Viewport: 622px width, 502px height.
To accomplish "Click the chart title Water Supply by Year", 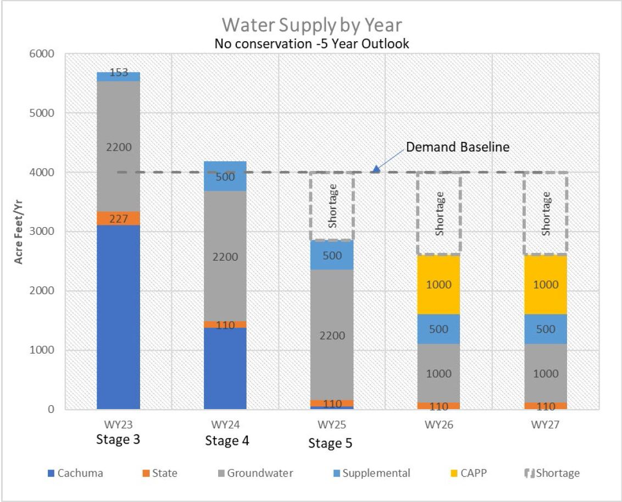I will [312, 25].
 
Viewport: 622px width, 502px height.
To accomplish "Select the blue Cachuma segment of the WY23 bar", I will [118, 316].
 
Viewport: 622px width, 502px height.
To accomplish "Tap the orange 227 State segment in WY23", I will [118, 218].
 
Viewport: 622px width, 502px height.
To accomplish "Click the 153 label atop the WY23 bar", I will [118, 73].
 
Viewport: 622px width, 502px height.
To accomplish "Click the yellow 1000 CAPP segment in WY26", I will [438, 285].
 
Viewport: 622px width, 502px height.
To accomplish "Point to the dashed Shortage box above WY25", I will [331, 206].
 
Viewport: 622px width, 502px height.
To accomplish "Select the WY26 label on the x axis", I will [438, 426].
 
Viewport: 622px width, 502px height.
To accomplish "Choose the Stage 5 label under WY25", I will [330, 443].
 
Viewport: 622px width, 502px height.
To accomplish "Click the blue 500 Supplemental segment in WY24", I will [225, 177].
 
